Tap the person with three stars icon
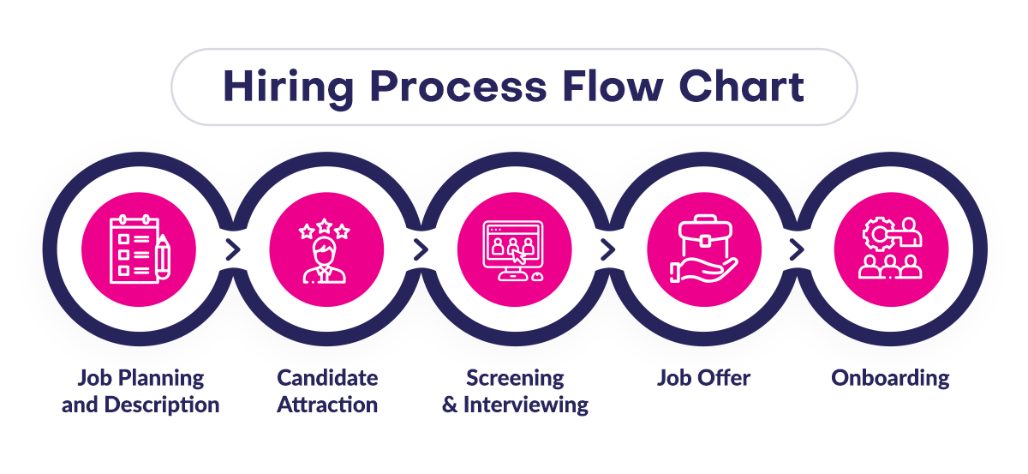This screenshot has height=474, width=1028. point(326,249)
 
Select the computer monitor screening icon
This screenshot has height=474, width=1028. point(514,249)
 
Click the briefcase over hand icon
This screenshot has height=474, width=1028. point(702,249)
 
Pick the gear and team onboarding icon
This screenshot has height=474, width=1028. point(891,249)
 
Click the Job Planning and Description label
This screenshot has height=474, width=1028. point(140,391)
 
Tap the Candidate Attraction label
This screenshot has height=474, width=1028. point(327,391)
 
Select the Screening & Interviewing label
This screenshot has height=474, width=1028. point(515,391)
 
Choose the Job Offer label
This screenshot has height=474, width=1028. point(703,378)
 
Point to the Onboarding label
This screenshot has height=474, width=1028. point(890,378)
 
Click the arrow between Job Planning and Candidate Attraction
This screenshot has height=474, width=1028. point(232,250)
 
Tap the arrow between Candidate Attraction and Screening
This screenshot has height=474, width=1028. point(420,250)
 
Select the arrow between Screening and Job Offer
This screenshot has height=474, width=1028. point(608,250)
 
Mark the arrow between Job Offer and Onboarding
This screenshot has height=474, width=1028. point(797,250)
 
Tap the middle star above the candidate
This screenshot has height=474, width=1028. point(326,225)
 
